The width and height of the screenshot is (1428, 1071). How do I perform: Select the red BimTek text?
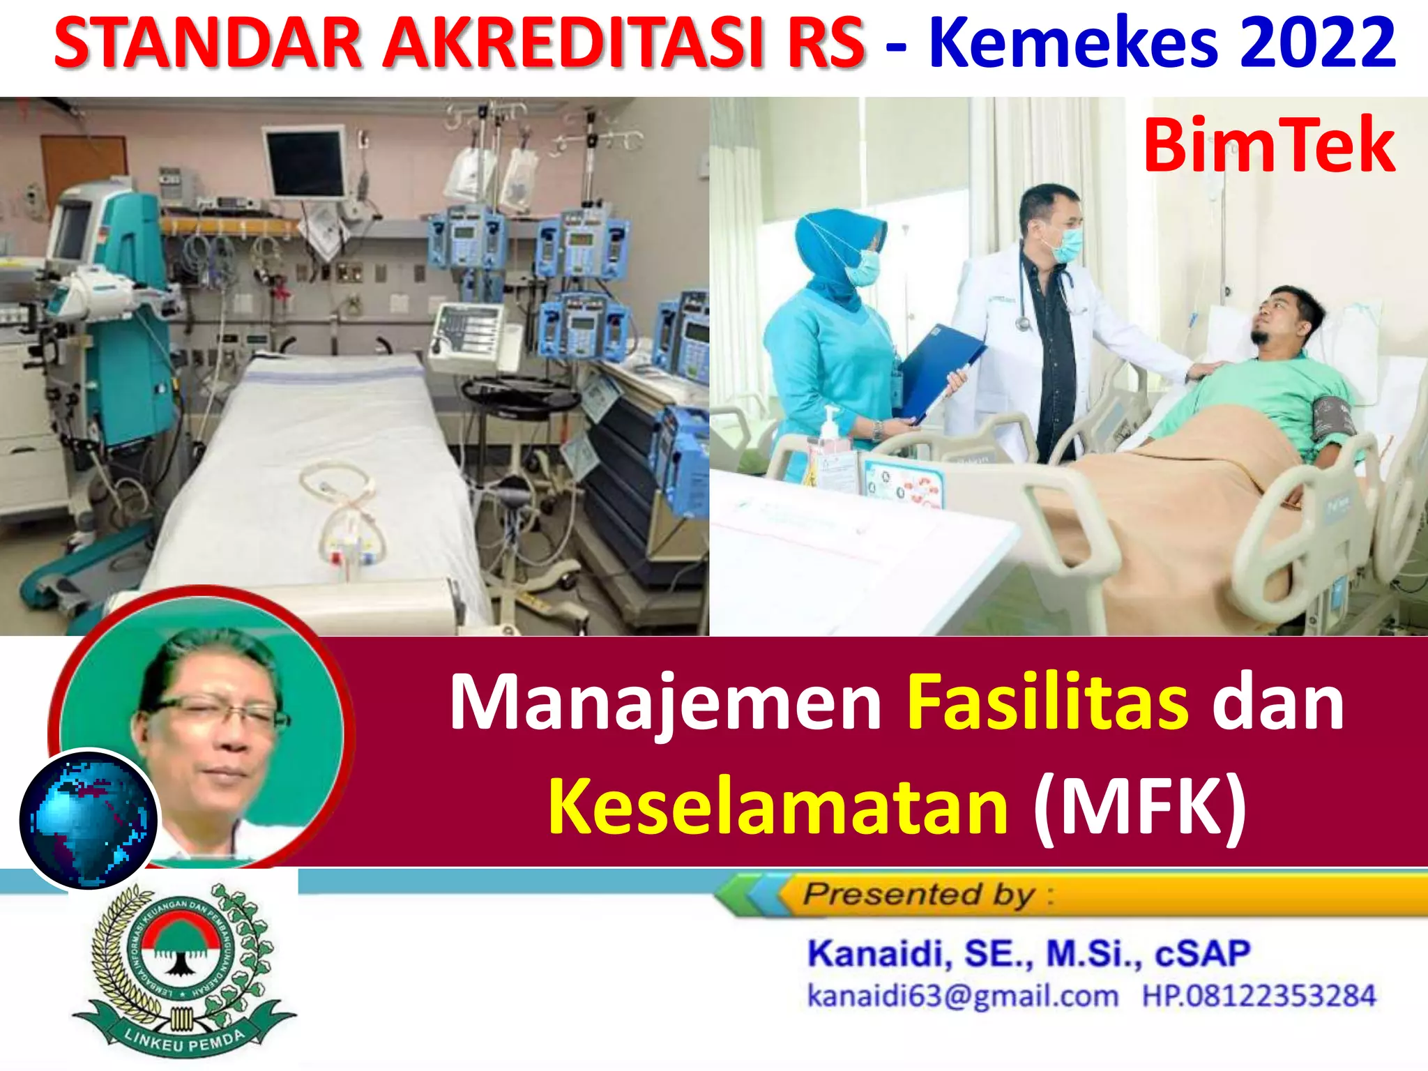tap(1269, 146)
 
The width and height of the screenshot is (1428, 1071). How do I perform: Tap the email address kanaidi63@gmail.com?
tap(962, 996)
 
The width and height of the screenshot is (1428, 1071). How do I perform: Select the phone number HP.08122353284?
tap(1259, 996)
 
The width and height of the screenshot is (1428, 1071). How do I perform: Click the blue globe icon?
tap(89, 820)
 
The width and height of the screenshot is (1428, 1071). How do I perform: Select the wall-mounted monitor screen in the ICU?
tap(305, 163)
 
